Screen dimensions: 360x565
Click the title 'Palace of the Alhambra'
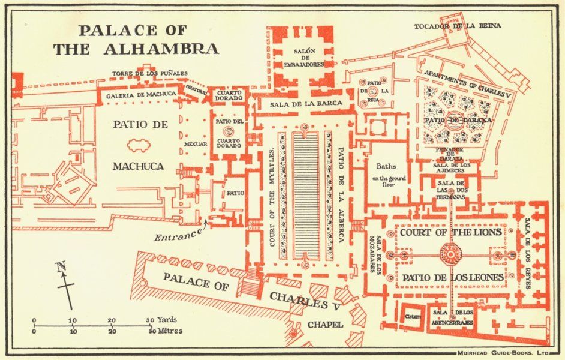(136, 40)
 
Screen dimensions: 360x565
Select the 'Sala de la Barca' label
(306, 104)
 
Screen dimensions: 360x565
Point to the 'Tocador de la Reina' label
(458, 26)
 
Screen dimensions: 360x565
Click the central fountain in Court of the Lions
(451, 253)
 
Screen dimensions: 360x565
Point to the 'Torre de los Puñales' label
(150, 74)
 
